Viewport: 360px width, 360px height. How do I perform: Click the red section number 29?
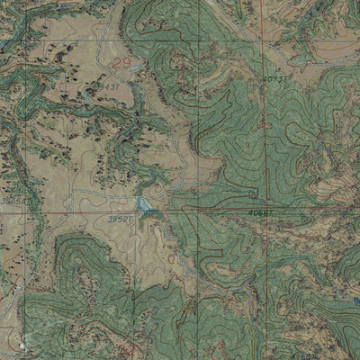pyautogui.click(x=121, y=64)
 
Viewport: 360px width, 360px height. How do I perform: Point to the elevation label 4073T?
pyautogui.click(x=274, y=80)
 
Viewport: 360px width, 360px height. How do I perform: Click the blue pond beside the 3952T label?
pyautogui.click(x=148, y=208)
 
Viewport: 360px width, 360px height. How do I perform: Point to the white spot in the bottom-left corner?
pyautogui.click(x=19, y=346)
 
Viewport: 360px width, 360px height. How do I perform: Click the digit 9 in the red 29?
pyautogui.click(x=126, y=64)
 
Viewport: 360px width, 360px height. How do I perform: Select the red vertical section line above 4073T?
pyautogui.click(x=265, y=36)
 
